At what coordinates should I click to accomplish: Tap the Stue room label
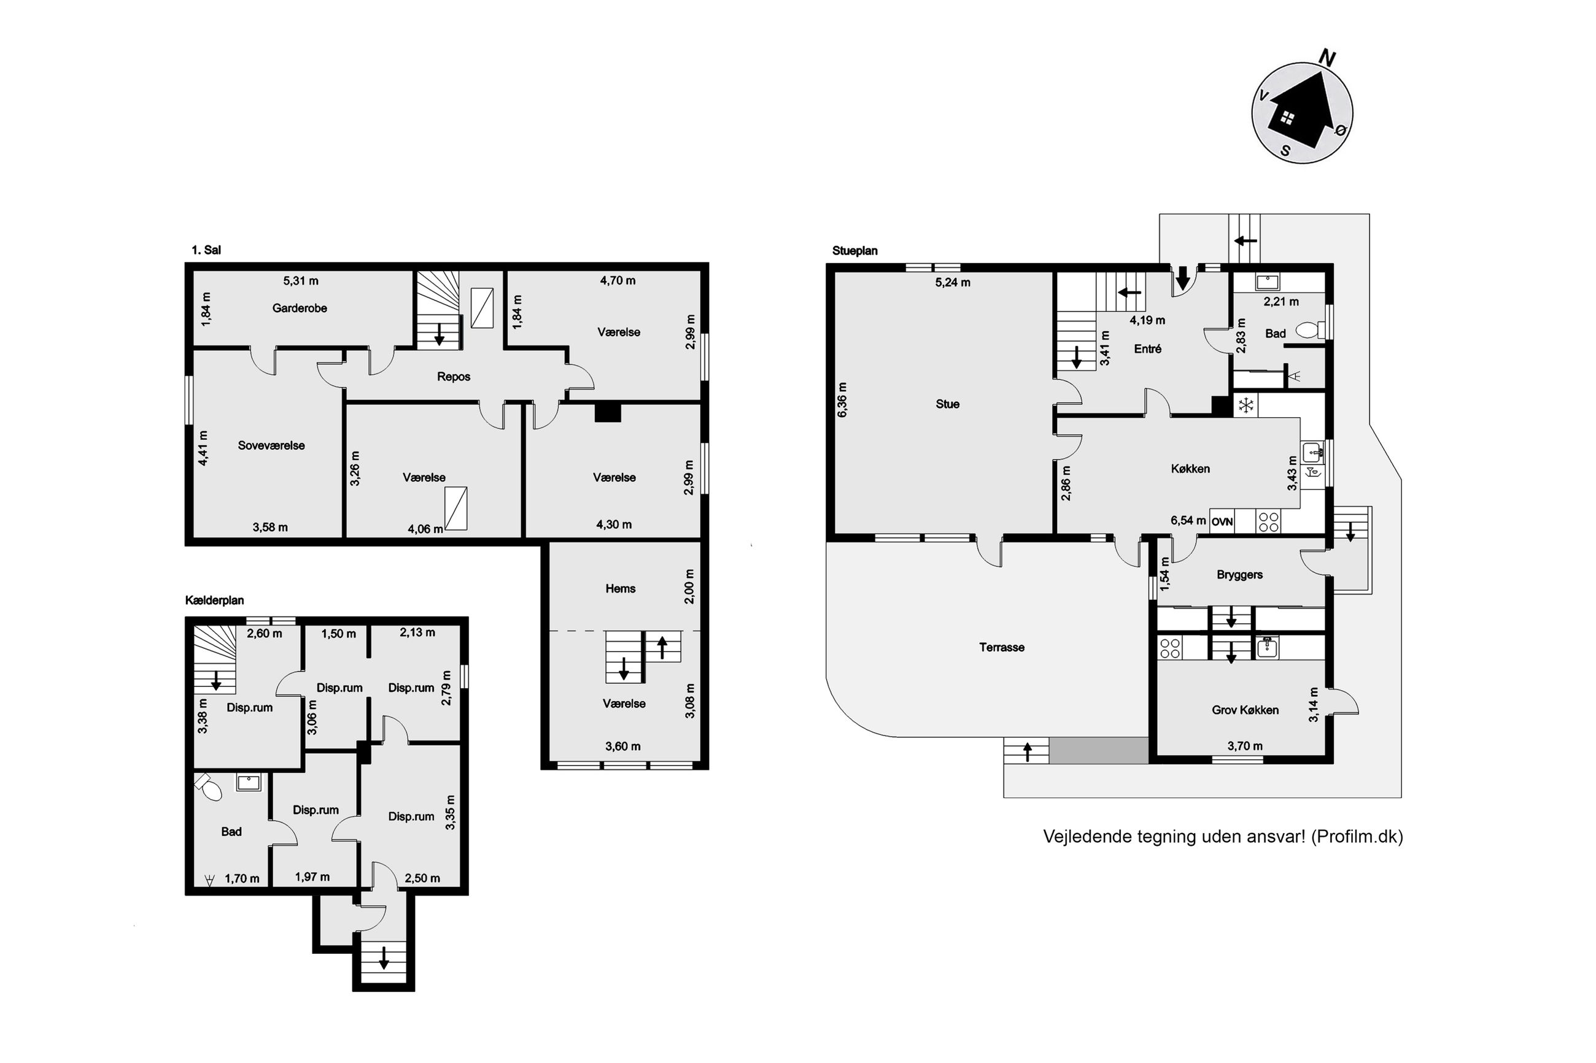(x=947, y=404)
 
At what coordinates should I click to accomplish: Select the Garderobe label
(x=299, y=308)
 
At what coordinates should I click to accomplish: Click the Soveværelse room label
(x=271, y=445)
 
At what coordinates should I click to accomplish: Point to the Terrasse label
(x=1001, y=647)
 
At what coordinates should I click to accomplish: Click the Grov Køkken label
(x=1245, y=710)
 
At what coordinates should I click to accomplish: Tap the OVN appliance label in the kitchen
(x=1222, y=522)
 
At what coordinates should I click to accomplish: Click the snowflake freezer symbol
(x=1245, y=405)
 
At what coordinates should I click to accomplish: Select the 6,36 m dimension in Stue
(x=842, y=400)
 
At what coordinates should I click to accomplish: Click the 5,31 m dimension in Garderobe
(x=301, y=281)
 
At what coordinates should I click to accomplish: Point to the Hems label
(x=620, y=588)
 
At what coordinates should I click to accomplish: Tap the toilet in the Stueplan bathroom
(x=1307, y=330)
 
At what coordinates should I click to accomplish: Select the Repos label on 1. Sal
(x=453, y=377)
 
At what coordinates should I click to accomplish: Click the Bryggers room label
(x=1239, y=575)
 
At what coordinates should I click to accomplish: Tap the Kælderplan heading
(x=214, y=601)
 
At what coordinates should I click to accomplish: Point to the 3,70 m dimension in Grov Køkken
(x=1245, y=746)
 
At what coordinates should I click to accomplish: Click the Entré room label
(x=1147, y=349)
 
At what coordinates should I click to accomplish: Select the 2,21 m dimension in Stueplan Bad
(x=1280, y=302)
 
